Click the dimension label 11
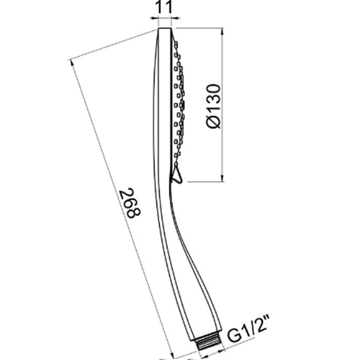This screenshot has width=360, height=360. [164, 7]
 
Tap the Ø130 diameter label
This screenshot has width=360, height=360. [213, 106]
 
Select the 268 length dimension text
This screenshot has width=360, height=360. [130, 202]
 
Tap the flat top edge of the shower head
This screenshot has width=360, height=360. [164, 28]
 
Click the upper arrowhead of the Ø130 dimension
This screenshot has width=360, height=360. [222, 32]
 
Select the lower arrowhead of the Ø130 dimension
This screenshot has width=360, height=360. [222, 178]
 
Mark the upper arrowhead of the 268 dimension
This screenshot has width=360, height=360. [71, 63]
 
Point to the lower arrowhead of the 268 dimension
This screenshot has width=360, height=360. [170, 355]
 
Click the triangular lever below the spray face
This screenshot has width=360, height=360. [177, 174]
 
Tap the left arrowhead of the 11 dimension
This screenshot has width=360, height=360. [155, 18]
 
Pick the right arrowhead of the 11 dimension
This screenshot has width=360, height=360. [176, 18]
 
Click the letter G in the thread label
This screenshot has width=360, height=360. [233, 336]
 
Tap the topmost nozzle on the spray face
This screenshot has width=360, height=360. [176, 43]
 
